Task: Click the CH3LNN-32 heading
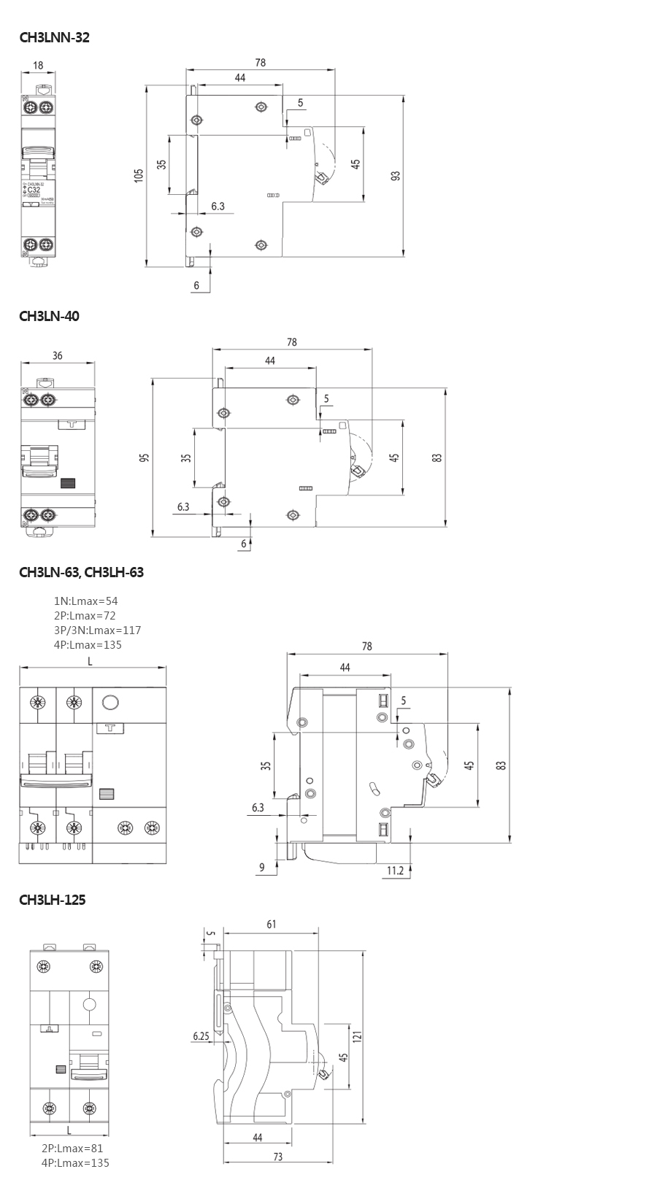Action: (54, 37)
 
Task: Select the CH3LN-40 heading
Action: (49, 316)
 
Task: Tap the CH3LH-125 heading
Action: (52, 900)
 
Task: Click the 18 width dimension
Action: (38, 65)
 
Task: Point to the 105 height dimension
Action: (139, 175)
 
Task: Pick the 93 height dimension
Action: (395, 176)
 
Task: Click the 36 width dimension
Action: (58, 355)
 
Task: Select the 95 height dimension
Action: (145, 458)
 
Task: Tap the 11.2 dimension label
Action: (395, 870)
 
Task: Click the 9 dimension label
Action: (262, 868)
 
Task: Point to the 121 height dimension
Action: (356, 1036)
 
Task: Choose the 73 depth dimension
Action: (277, 1157)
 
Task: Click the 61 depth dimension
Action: (271, 925)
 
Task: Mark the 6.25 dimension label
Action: (201, 1035)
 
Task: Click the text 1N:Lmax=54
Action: (85, 601)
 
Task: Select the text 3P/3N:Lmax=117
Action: (97, 630)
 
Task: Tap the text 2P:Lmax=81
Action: (72, 1148)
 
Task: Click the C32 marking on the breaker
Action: (34, 190)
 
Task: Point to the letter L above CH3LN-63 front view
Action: (90, 661)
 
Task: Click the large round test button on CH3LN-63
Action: (110, 703)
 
